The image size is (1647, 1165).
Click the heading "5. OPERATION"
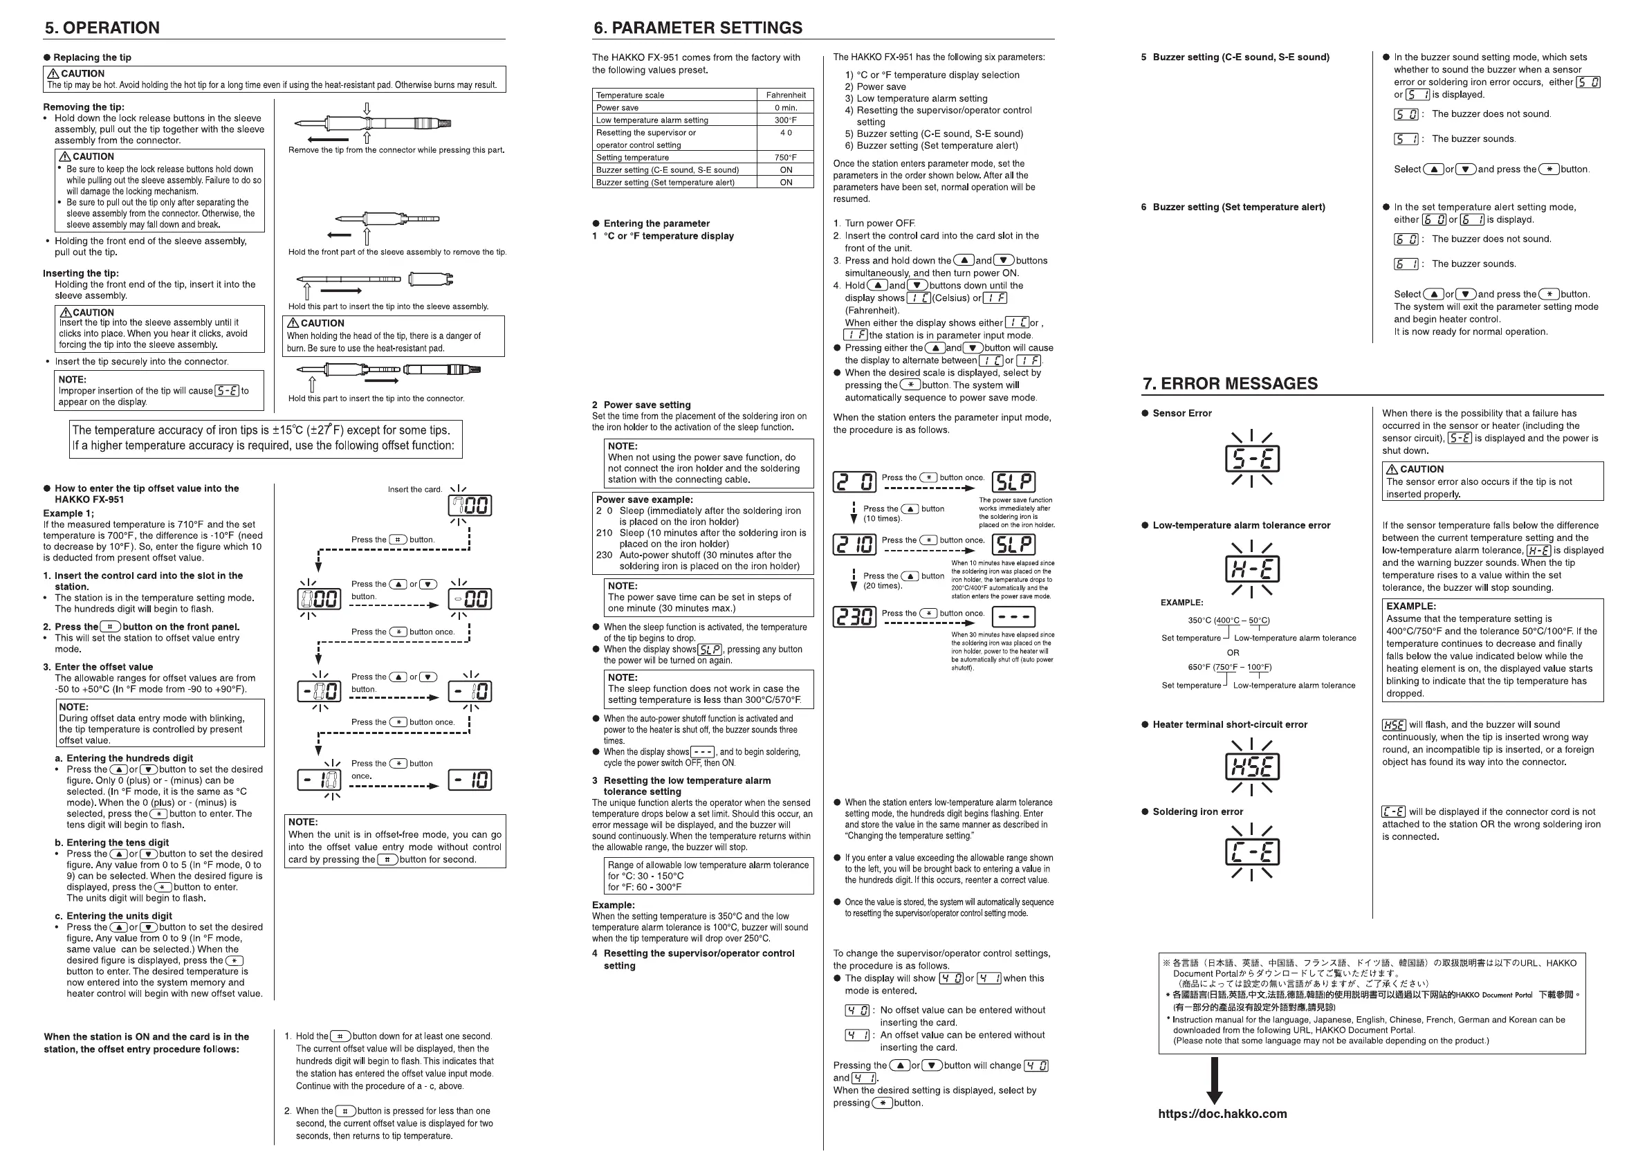102,28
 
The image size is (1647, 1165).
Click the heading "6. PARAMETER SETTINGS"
697,28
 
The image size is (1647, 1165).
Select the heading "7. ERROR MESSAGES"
1229,384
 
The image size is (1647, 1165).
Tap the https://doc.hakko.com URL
1222,1114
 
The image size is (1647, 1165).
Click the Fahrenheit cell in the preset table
786,95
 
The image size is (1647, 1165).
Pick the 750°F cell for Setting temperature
786,157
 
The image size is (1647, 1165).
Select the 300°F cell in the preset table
786,120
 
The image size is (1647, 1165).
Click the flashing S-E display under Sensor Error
1251,459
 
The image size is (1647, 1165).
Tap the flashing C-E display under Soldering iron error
1251,852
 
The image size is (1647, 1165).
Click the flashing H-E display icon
1251,569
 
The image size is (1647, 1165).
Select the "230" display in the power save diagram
854,616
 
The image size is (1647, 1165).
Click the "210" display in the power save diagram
854,544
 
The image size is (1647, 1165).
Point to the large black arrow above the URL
1214,1080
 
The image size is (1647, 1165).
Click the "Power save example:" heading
644,499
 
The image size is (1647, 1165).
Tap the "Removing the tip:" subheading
83,107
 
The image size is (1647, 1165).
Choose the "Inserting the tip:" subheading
80,273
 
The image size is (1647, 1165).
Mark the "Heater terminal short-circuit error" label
1229,724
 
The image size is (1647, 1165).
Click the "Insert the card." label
414,489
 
